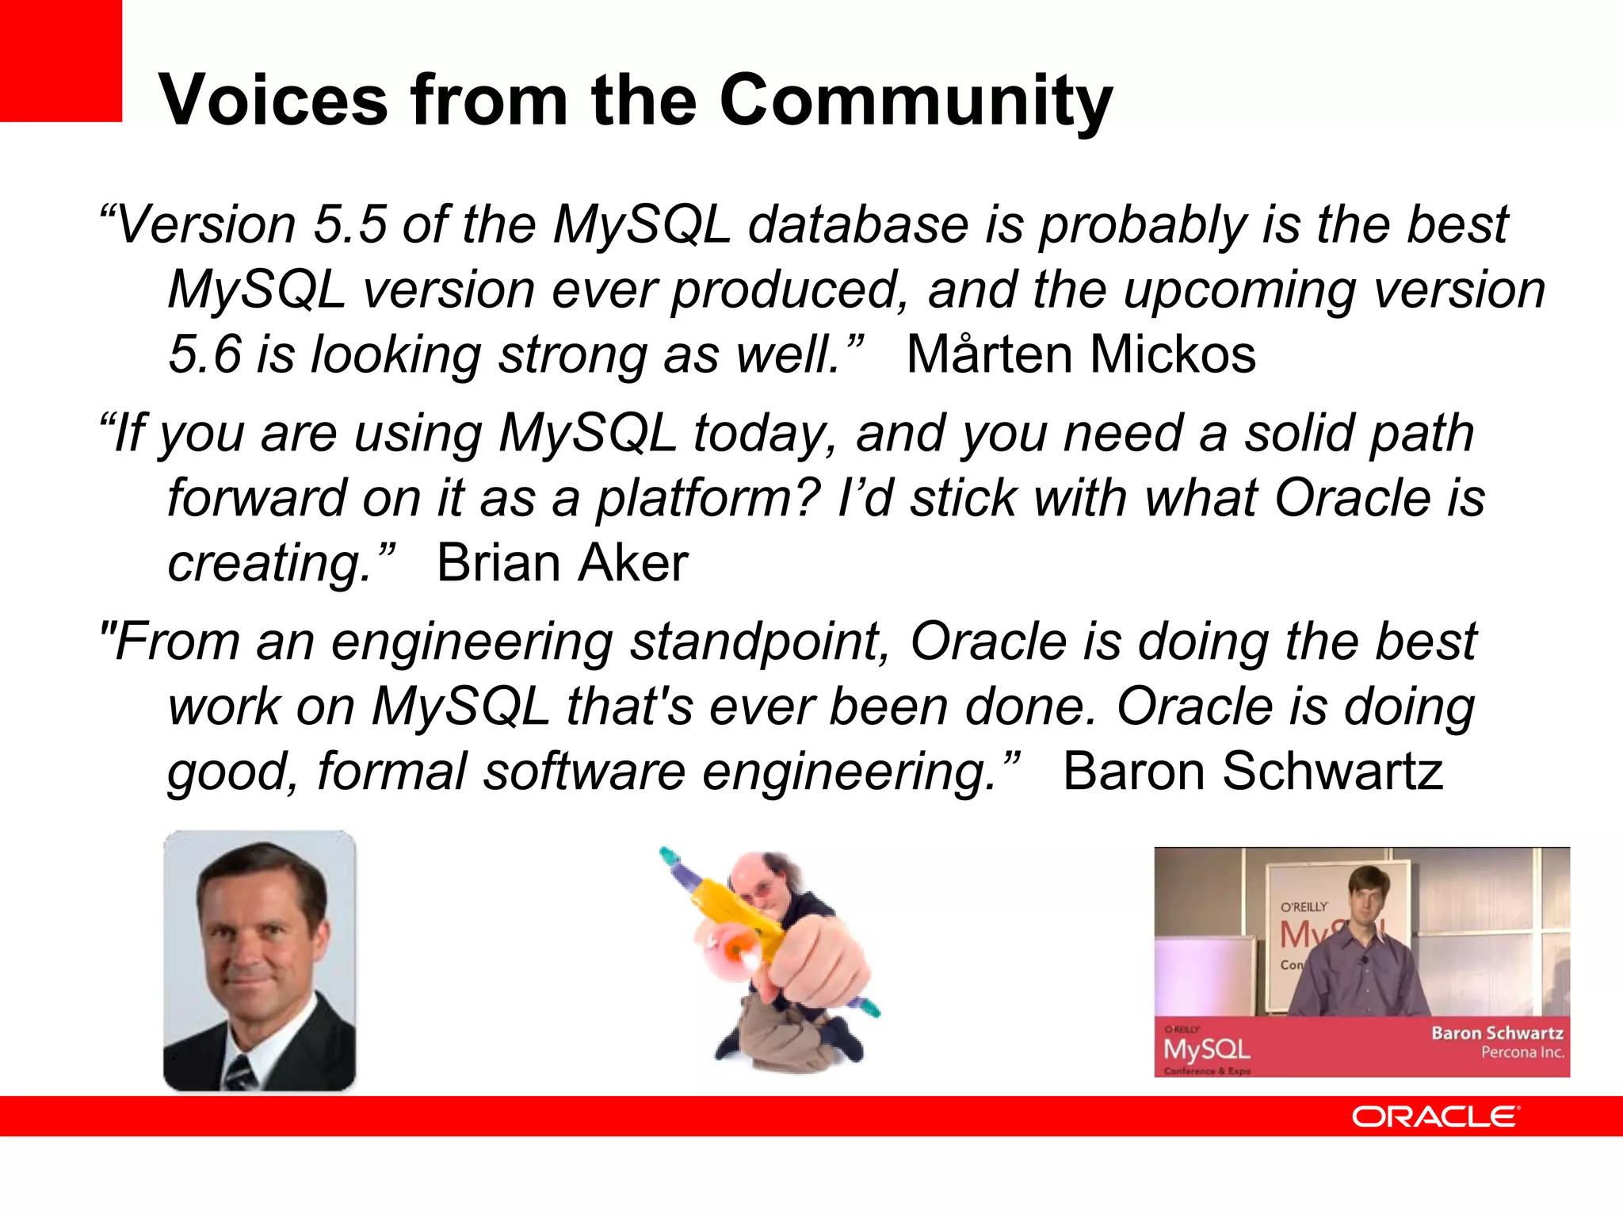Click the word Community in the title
point(915,101)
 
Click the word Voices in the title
point(273,101)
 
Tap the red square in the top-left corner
point(60,60)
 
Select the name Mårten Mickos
point(1081,354)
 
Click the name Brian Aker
point(562,564)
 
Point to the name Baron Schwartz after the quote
point(1252,772)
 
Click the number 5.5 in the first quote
point(349,224)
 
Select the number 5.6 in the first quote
point(204,354)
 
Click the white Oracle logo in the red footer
point(1435,1116)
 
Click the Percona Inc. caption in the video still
point(1522,1053)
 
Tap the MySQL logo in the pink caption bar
point(1206,1049)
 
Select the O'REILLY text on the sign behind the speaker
point(1304,906)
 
